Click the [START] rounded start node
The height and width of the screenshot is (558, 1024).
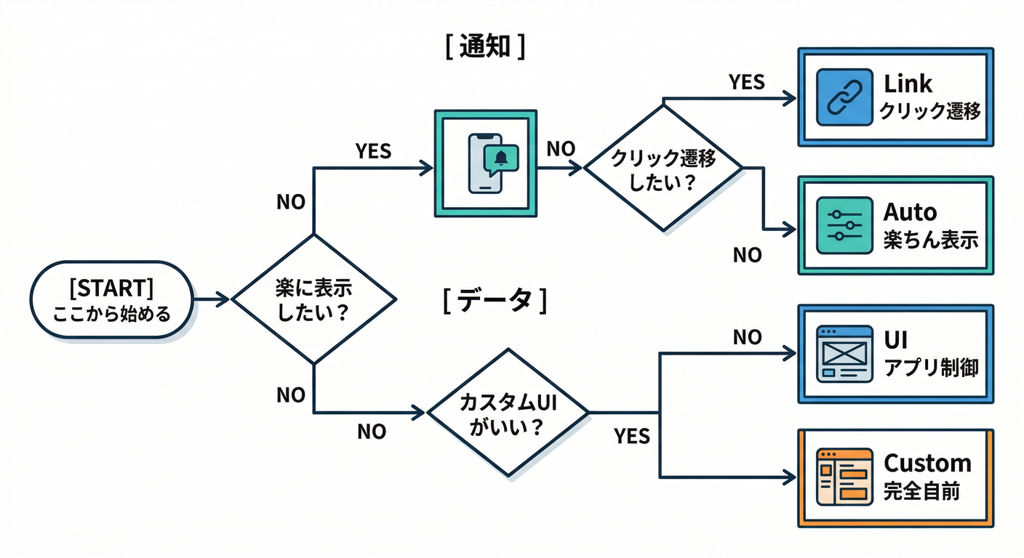point(111,299)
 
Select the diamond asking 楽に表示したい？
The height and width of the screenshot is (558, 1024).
point(313,299)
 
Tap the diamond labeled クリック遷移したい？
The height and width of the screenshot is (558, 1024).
point(663,169)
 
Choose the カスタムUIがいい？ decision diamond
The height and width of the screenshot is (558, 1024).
point(508,413)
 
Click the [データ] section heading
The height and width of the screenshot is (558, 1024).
point(495,300)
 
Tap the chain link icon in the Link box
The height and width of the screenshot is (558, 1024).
point(844,97)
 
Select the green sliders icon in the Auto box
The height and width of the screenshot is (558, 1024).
point(844,225)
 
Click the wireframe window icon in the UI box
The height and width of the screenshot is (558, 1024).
point(844,354)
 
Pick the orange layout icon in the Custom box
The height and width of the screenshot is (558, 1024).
point(844,477)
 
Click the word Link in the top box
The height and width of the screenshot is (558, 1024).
point(908,84)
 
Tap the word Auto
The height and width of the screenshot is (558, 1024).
point(910,212)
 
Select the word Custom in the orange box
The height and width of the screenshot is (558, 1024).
point(927,463)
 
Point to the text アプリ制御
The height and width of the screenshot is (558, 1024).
point(931,367)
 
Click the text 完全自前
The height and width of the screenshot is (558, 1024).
point(921,491)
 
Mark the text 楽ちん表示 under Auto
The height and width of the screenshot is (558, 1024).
point(931,240)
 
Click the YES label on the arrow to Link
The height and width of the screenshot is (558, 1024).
point(746,82)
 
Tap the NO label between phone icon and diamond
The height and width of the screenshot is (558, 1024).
point(560,149)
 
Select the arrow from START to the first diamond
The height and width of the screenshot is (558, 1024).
point(212,299)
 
